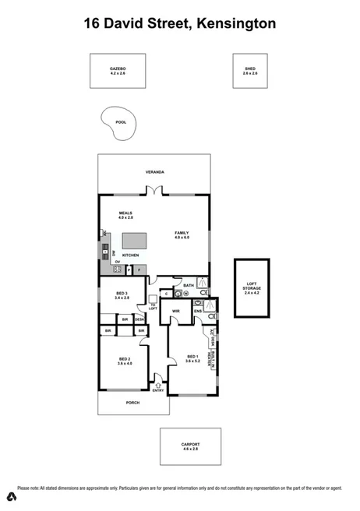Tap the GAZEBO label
[118, 69]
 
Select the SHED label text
[249, 69]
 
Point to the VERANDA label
[154, 171]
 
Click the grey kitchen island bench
[136, 238]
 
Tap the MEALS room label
[125, 213]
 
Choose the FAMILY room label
[182, 233]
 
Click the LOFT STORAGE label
[252, 286]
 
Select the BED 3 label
[121, 293]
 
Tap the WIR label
[176, 312]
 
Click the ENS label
[198, 312]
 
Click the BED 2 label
[125, 359]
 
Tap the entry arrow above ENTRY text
[159, 382]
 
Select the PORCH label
[132, 403]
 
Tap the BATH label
[188, 286]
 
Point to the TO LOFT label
[153, 306]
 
